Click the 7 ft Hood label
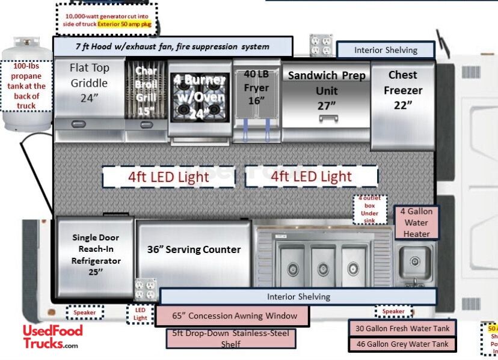click(x=173, y=46)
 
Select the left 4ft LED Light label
click(x=168, y=177)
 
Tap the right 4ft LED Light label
click(x=311, y=177)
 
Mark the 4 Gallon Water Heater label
click(x=416, y=222)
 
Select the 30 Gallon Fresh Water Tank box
click(x=402, y=328)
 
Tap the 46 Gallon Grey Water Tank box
click(x=402, y=344)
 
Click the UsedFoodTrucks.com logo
click(x=52, y=337)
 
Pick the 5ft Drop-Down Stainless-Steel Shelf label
click(x=231, y=338)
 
